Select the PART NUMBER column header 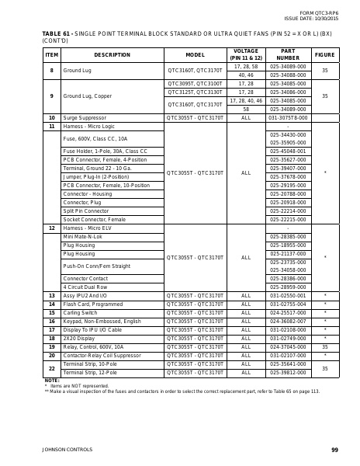point(287,55)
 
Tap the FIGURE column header point(324,55)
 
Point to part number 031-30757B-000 point(287,117)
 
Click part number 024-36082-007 point(287,321)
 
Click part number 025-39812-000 point(287,372)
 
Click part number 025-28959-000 point(287,287)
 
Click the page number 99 point(334,450)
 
